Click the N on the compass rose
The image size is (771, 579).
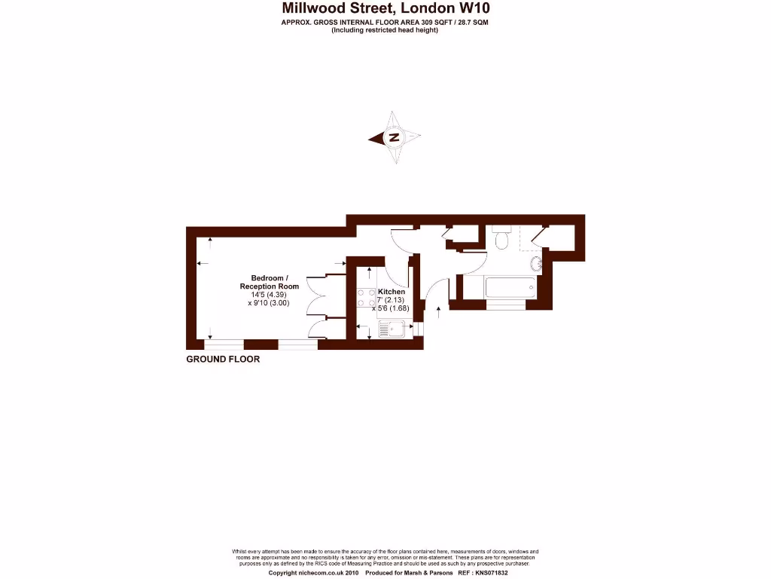coord(393,138)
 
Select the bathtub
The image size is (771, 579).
coord(499,287)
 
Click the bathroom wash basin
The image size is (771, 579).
coord(536,263)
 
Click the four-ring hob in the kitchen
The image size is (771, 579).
coord(366,298)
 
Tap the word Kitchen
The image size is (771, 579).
coord(392,292)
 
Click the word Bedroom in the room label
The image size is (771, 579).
coord(269,278)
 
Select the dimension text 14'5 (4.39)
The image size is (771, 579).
coord(269,295)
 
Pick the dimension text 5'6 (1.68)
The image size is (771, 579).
coord(394,308)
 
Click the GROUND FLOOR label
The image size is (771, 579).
coord(223,360)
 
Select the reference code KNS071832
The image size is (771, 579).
coord(488,573)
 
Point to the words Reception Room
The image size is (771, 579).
coord(269,286)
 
